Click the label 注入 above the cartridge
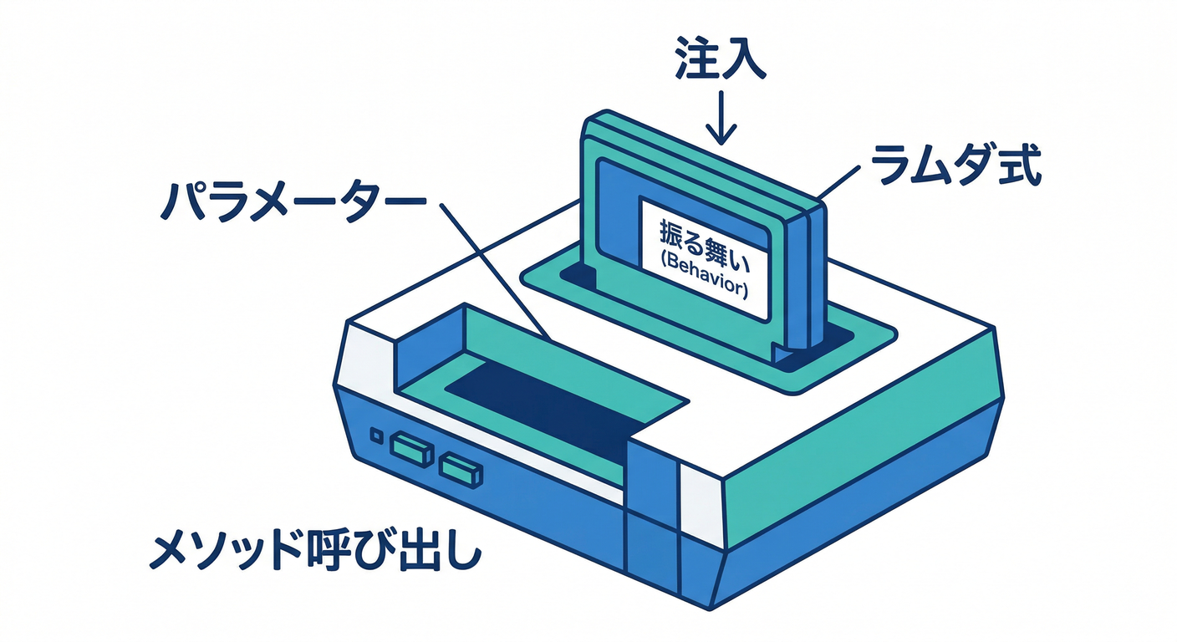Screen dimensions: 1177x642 click(x=720, y=59)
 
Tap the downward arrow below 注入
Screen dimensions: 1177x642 click(x=721, y=117)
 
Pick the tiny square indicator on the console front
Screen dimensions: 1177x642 click(x=376, y=436)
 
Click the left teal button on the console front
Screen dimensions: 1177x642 click(x=411, y=451)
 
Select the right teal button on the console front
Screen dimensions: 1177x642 click(x=461, y=471)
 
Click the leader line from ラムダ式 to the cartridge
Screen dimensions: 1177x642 click(x=838, y=183)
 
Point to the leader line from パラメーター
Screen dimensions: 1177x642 click(x=495, y=271)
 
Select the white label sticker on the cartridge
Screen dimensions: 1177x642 click(x=704, y=259)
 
